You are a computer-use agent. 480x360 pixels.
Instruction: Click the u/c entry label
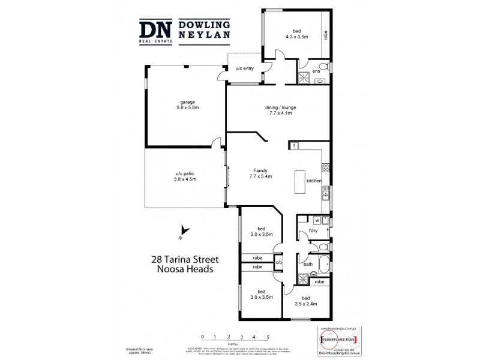point(244,68)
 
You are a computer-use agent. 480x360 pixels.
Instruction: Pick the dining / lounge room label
point(281,111)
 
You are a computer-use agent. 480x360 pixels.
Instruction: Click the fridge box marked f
point(295,146)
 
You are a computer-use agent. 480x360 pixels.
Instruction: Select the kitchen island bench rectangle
point(299,182)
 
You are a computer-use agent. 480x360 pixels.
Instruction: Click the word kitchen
point(314,181)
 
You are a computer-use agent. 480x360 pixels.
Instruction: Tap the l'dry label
point(312,231)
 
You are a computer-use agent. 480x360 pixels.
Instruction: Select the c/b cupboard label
point(278,262)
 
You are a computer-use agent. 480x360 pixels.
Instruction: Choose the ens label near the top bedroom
point(316,71)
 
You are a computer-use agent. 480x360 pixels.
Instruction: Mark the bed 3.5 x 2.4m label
point(305,301)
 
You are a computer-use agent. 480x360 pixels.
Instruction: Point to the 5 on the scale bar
point(268,337)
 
